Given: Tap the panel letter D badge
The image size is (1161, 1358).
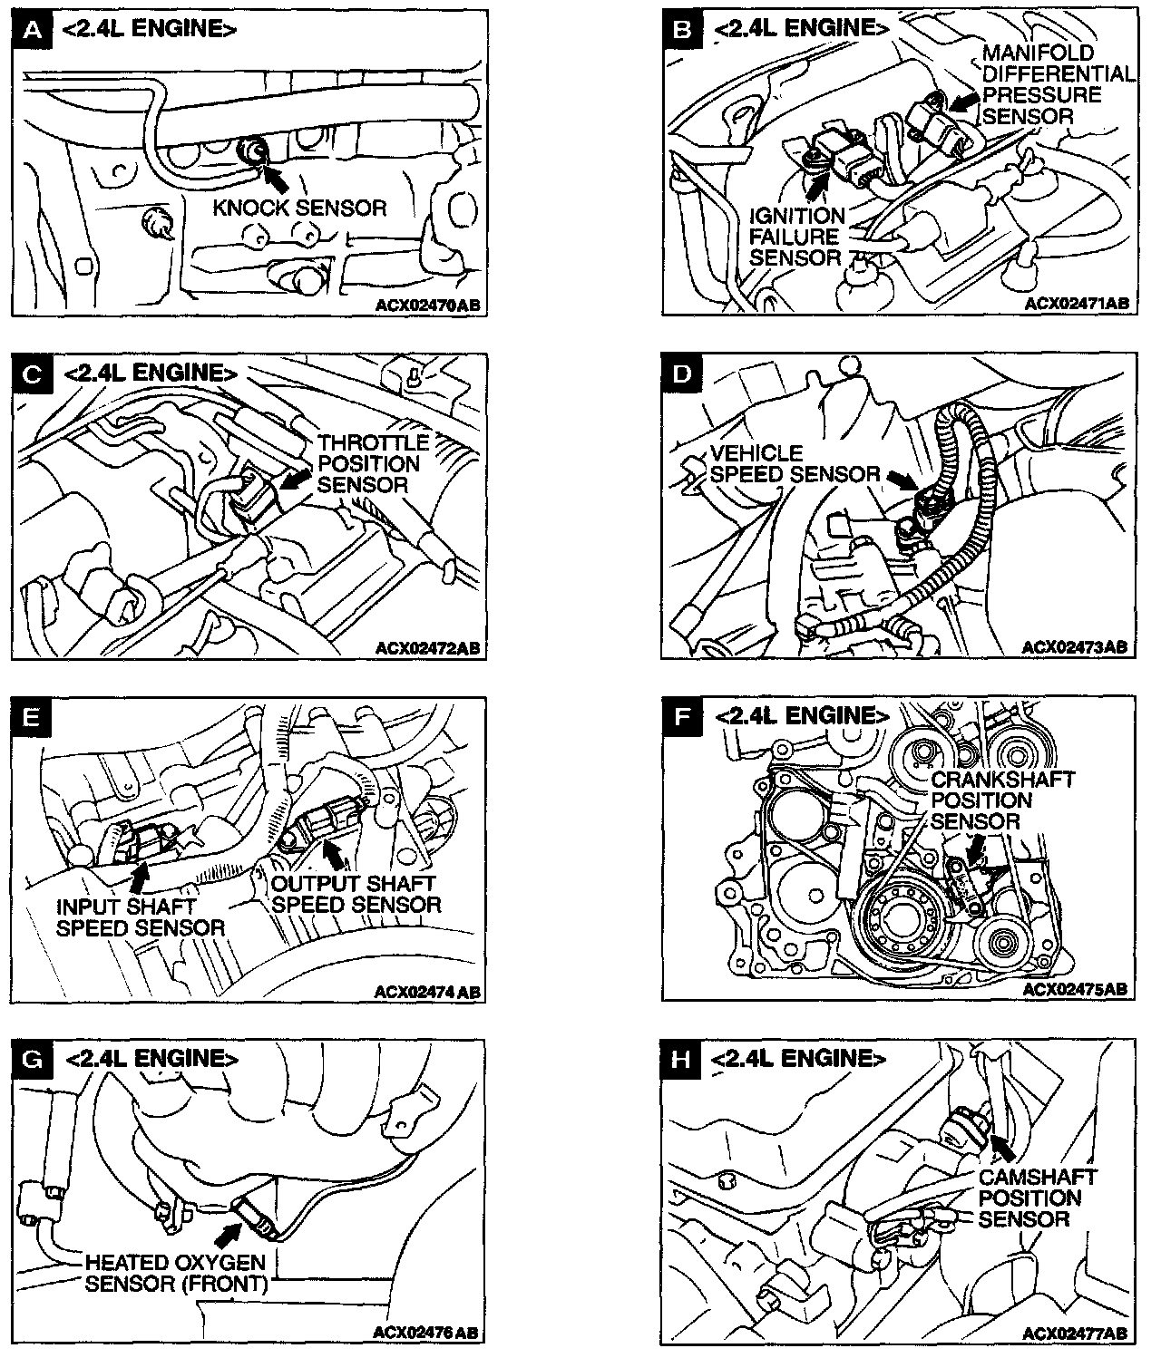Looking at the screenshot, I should [682, 373].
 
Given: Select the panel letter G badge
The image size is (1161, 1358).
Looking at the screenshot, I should [34, 1059].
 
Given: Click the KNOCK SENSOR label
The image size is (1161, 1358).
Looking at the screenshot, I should [299, 209].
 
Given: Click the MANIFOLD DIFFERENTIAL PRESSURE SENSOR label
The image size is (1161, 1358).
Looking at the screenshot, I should [1056, 84].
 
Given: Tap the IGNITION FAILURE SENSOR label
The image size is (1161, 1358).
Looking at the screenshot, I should [796, 237].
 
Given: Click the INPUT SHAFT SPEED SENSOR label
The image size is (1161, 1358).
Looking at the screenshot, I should [140, 917].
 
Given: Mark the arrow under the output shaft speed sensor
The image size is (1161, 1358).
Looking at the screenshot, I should [335, 856].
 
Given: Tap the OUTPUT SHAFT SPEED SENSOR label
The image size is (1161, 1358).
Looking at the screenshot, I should [356, 894].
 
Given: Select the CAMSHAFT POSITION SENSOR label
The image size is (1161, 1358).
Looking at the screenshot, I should [1037, 1198].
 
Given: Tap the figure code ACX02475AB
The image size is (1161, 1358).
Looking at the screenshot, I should [1076, 989].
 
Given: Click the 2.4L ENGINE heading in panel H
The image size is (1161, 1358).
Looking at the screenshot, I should [796, 1059].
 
